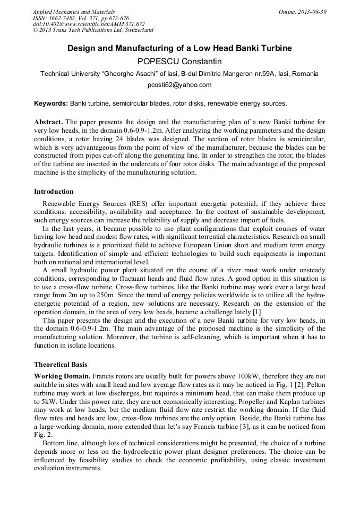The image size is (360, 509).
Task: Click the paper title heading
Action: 179,48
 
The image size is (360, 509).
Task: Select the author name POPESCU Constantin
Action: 179,62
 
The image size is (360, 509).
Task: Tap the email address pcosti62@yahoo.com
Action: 179,85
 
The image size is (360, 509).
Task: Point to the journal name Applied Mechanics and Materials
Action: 73,12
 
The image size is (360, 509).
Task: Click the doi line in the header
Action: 89,24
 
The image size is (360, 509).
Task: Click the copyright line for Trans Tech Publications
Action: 93,30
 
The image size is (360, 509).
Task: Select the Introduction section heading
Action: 54,192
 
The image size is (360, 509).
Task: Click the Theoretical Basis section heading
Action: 61,365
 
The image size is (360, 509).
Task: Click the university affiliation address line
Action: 179,74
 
